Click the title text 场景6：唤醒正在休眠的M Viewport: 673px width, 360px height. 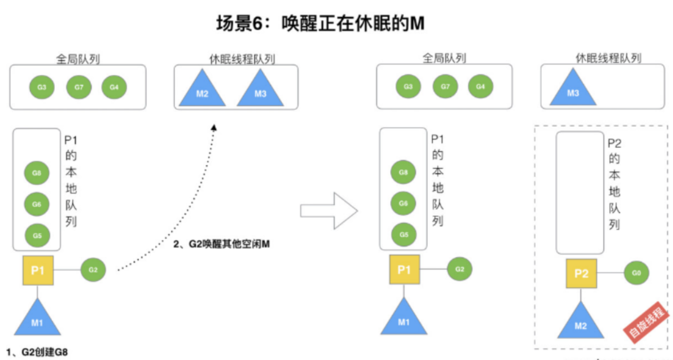point(320,23)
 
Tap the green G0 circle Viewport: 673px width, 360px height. point(636,273)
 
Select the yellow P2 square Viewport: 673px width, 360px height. point(582,273)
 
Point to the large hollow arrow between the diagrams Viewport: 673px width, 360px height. point(329,211)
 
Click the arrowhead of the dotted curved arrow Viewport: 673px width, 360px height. point(214,128)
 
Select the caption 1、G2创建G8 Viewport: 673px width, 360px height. point(37,352)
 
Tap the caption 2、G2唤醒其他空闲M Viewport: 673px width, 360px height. point(221,244)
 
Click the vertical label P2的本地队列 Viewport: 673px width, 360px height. point(615,184)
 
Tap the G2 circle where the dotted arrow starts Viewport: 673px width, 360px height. point(93,269)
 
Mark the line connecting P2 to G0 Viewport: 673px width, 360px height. point(610,273)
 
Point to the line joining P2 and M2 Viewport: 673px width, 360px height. point(581,295)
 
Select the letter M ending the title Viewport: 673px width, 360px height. point(417,23)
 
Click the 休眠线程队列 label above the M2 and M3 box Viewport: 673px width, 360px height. point(242,59)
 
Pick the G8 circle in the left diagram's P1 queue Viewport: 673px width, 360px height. point(37,173)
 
